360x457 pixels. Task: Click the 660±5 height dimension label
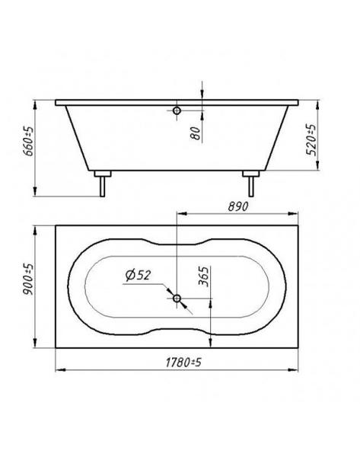(x=28, y=142)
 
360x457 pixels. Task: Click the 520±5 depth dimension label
(x=311, y=139)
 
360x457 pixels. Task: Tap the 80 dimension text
(x=196, y=133)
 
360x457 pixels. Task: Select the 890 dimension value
(x=238, y=206)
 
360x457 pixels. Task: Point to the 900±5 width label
(x=28, y=280)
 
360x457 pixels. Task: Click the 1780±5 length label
(x=183, y=363)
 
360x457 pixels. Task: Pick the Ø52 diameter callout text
(x=138, y=275)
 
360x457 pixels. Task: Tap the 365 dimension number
(x=204, y=276)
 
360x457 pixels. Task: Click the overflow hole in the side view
(x=177, y=110)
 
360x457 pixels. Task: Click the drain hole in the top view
(x=177, y=298)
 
